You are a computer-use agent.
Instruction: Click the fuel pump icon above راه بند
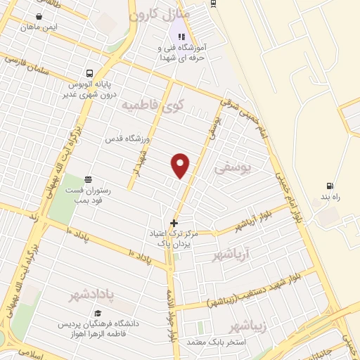(x=329, y=186)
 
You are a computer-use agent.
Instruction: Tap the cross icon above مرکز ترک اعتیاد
(x=174, y=224)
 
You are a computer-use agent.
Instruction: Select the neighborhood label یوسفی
(x=231, y=169)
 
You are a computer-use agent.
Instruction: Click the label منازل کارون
(x=158, y=14)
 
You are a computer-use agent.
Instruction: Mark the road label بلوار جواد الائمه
(x=171, y=316)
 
